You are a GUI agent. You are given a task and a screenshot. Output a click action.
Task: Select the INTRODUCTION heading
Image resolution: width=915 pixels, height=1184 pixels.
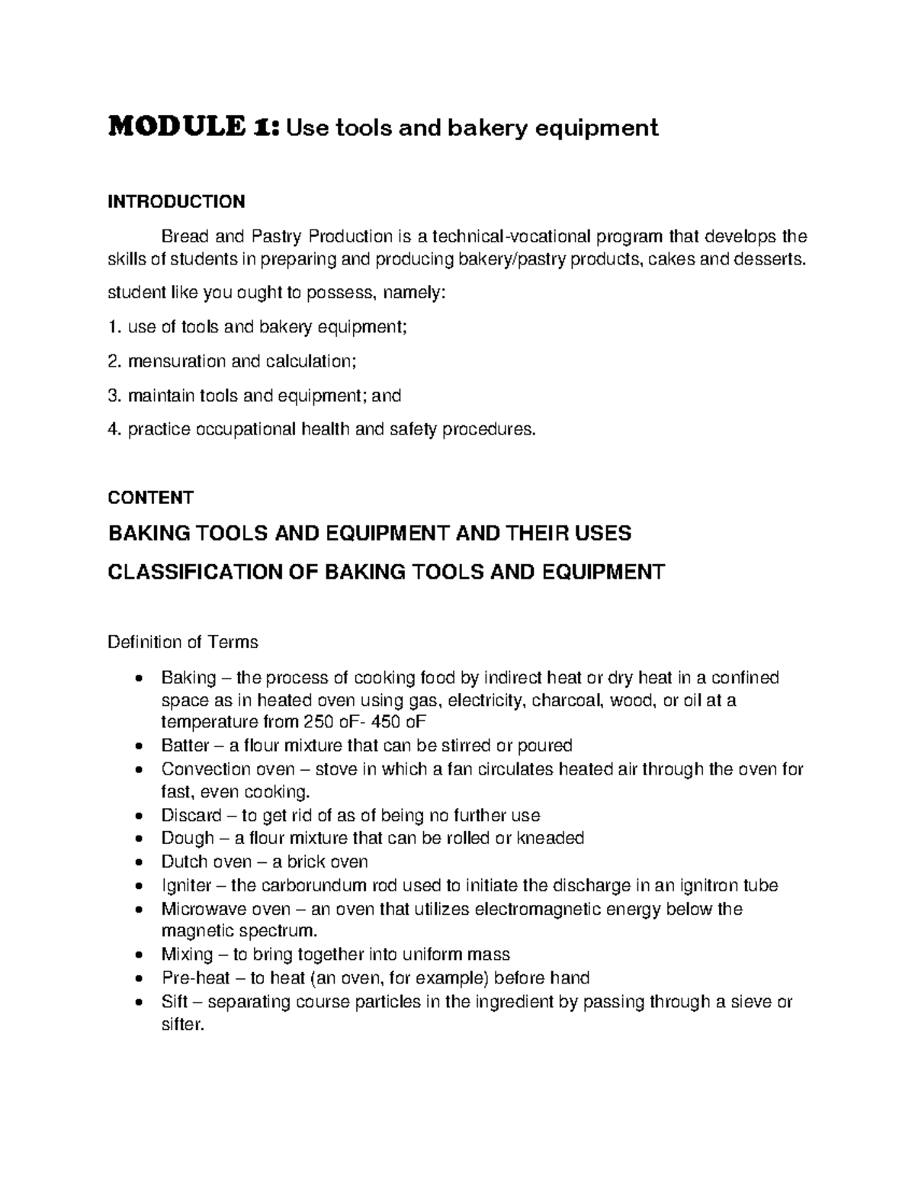pos(176,201)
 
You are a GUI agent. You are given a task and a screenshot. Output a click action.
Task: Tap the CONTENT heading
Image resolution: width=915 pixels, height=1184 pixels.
pos(151,498)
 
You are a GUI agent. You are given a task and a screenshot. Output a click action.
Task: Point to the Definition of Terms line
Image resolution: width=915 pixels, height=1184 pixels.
pos(183,642)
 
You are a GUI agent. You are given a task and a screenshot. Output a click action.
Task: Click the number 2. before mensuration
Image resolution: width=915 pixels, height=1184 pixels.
pos(114,361)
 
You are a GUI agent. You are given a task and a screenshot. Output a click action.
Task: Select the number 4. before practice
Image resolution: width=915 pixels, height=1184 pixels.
pos(114,430)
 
